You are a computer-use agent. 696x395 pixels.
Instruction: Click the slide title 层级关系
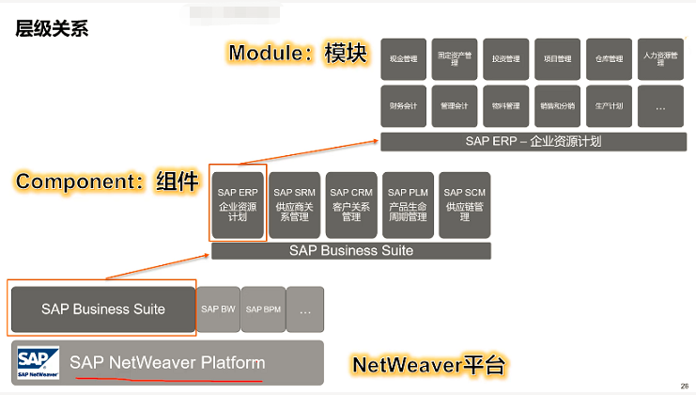(x=53, y=28)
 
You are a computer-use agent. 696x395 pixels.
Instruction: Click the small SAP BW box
(x=218, y=309)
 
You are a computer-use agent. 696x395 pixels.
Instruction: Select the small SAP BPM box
(x=263, y=309)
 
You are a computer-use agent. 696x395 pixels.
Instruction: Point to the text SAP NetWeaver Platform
(x=167, y=363)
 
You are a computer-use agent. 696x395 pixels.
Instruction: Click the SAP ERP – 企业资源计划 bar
(x=533, y=142)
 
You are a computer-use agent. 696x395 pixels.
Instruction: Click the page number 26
(x=683, y=387)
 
